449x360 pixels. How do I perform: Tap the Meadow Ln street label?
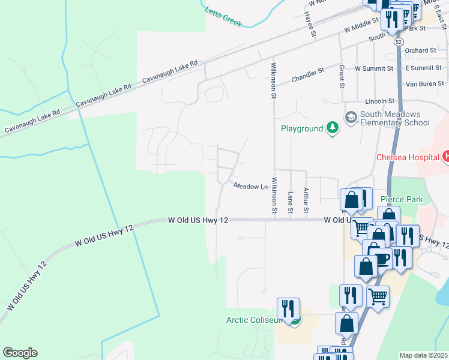coord(250,187)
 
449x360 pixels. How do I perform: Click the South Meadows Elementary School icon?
coord(351,116)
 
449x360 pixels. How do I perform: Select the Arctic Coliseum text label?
coord(253,320)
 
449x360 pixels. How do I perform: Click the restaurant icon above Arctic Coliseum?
coord(289,309)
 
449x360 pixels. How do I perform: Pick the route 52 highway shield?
coord(399,43)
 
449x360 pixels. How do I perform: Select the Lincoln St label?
coord(379,101)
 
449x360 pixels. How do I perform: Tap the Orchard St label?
coord(420,50)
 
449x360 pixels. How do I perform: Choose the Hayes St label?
coord(309,24)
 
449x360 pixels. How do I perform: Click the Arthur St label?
coord(306,200)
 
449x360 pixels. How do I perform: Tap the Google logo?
coord(20,353)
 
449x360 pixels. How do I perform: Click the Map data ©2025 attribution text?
coord(423,355)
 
